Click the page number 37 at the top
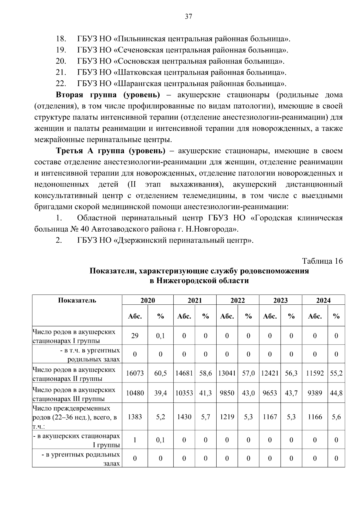tap(188, 16)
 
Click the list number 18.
tap(61, 39)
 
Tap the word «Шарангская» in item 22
tap(139, 83)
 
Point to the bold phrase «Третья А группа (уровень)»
tap(110, 151)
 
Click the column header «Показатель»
tap(77, 300)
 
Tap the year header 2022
tap(238, 300)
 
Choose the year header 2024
tap(323, 300)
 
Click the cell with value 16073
tap(135, 373)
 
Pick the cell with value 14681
tap(184, 373)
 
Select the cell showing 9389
tap(315, 393)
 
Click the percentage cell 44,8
tap(336, 393)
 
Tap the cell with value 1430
tap(184, 417)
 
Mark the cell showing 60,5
tap(160, 373)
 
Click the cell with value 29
tap(135, 336)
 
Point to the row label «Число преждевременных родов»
tap(71, 409)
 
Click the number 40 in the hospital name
tap(84, 229)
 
